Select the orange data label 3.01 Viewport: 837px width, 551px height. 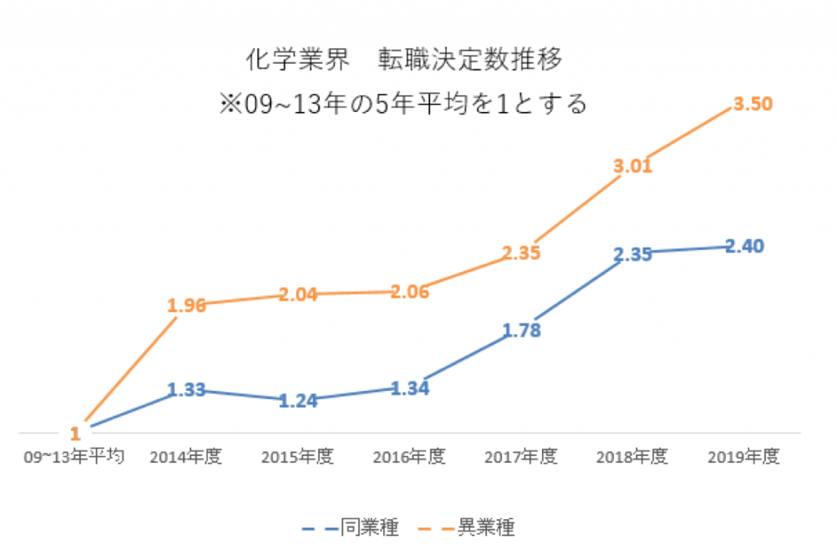pyautogui.click(x=633, y=168)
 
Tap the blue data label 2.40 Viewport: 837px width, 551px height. pyautogui.click(x=744, y=245)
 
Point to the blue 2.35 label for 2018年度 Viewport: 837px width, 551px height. pyautogui.click(x=633, y=254)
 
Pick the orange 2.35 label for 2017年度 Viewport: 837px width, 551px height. pyautogui.click(x=521, y=253)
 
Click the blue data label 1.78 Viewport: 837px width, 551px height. pyautogui.click(x=521, y=331)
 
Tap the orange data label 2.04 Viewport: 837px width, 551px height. pyautogui.click(x=298, y=294)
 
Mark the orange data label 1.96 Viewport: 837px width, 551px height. pyautogui.click(x=187, y=305)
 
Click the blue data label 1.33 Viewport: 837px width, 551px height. pyautogui.click(x=187, y=391)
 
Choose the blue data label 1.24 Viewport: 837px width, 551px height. pyautogui.click(x=298, y=401)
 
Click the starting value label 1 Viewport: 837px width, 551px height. pyautogui.click(x=75, y=432)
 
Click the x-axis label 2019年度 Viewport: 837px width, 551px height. pyautogui.click(x=744, y=457)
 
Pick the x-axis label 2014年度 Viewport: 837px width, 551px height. pyautogui.click(x=187, y=457)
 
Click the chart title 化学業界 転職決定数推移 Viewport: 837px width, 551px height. pyautogui.click(x=405, y=60)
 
